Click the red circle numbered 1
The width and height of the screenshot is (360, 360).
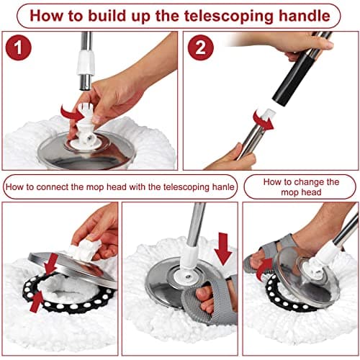click(18, 48)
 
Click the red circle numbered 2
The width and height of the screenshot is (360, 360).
click(201, 48)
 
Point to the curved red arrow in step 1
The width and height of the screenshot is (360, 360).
click(73, 113)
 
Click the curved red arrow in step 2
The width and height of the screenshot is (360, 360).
click(263, 121)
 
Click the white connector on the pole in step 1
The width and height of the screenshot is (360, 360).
click(86, 63)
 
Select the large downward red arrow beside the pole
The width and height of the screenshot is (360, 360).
click(223, 249)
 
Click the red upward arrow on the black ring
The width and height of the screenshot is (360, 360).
click(37, 301)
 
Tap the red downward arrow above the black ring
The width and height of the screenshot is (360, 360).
click(52, 264)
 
